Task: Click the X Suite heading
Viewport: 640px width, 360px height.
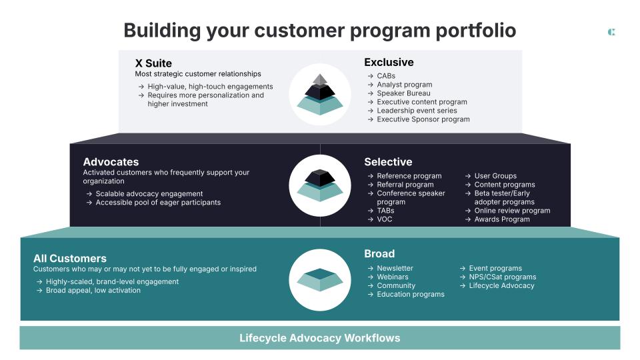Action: point(153,63)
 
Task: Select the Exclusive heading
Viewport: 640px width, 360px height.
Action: point(389,62)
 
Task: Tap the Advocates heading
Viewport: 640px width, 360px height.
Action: point(111,161)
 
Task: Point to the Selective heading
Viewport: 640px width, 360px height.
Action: point(388,161)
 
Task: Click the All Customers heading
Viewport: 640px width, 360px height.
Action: point(70,258)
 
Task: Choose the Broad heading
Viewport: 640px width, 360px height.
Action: point(379,253)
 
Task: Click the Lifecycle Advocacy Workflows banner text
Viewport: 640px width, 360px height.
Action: point(320,338)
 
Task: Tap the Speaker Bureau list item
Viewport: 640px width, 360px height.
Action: point(403,93)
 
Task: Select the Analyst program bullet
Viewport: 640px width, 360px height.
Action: point(404,85)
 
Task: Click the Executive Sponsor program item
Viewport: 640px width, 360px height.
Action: point(423,119)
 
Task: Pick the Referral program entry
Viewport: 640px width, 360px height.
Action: point(405,185)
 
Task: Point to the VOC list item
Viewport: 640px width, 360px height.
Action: point(385,219)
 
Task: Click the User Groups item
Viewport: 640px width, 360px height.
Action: point(495,176)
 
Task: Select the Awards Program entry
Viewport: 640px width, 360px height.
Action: point(501,219)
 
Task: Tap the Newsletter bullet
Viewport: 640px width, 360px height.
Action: point(395,268)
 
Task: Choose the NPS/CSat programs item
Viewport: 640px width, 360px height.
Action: point(502,277)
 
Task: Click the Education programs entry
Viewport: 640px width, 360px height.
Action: point(410,294)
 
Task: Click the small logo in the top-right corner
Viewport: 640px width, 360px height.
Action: point(611,32)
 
